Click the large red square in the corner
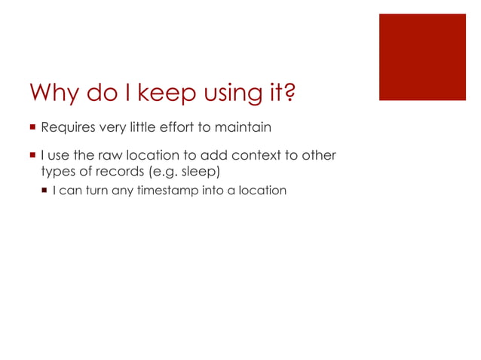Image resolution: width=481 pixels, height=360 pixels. point(421,56)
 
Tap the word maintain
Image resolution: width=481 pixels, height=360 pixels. point(244,126)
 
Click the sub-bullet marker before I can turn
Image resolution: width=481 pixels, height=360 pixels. point(44,191)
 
